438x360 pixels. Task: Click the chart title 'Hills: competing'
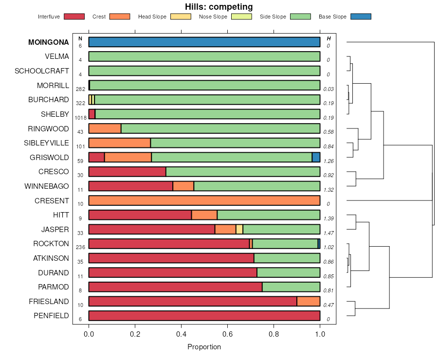[x=219, y=7]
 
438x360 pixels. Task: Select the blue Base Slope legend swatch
[x=361, y=17]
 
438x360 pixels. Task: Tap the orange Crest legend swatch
[x=120, y=17]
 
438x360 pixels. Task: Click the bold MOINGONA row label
[x=49, y=42]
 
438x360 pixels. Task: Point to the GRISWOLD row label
[x=50, y=158]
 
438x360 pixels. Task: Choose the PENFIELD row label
[x=51, y=316]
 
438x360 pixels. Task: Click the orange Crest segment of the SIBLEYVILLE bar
[x=119, y=143]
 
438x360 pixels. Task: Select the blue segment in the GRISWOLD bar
[x=316, y=157]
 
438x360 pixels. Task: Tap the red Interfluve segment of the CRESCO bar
[x=127, y=172]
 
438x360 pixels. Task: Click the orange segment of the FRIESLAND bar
[x=308, y=301]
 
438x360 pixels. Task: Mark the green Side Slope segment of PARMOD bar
[x=291, y=287]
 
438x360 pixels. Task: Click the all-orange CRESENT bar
[x=204, y=200]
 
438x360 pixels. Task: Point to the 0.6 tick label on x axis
[x=227, y=334]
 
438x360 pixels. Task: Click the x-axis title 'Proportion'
[x=204, y=347]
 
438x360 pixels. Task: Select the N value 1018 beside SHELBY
[x=81, y=118]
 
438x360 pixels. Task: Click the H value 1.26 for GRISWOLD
[x=328, y=161]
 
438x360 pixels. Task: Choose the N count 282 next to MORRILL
[x=81, y=89]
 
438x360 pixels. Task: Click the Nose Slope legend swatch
[x=241, y=17]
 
